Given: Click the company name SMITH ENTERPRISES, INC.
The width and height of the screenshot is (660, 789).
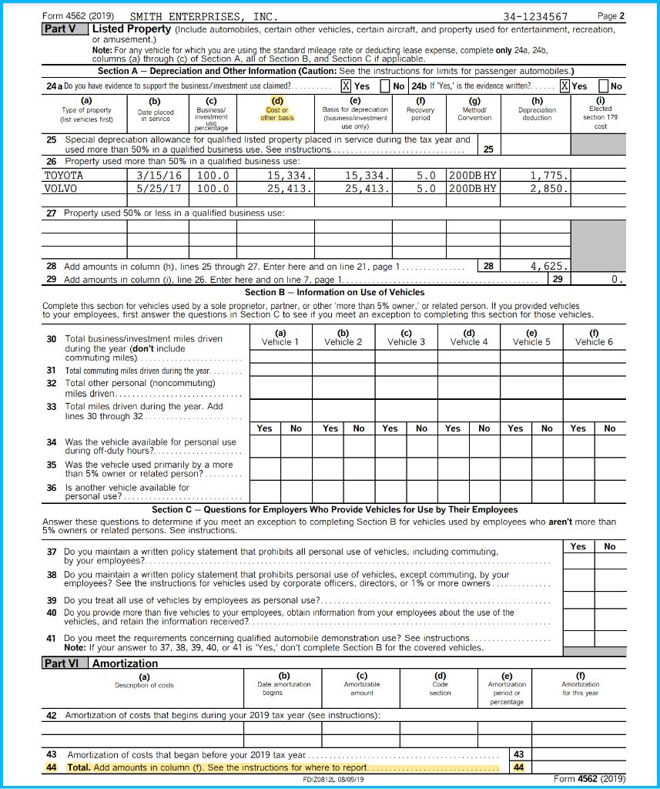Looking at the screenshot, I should [204, 17].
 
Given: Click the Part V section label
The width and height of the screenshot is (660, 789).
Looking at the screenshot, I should [60, 29].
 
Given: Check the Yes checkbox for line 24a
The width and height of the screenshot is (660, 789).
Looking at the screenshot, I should [347, 87].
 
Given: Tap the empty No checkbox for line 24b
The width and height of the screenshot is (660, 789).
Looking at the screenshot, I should [605, 87].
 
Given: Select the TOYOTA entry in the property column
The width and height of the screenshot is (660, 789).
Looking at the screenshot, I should [64, 176].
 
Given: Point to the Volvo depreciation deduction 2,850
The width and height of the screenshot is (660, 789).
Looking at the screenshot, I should [549, 188].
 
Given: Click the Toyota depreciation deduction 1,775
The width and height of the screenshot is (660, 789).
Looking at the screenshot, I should [549, 176].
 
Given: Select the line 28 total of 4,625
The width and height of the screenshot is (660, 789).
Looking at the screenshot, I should [549, 266].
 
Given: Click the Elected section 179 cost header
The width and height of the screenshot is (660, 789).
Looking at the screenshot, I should [600, 117].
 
